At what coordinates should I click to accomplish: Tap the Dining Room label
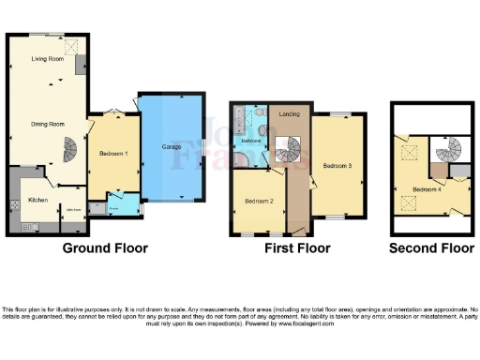coord(48,123)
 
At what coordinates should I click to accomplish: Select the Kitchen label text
coord(37,200)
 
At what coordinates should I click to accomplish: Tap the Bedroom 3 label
coord(337,166)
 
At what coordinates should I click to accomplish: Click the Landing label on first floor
coord(290,115)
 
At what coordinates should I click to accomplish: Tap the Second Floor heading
coord(432,248)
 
